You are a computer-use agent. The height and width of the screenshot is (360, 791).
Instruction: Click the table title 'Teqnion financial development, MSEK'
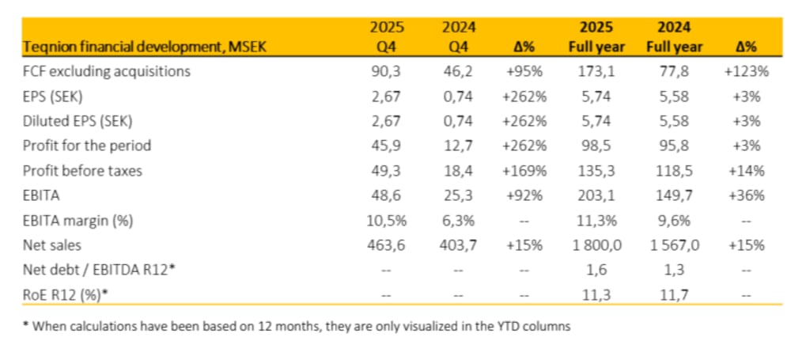tap(144, 47)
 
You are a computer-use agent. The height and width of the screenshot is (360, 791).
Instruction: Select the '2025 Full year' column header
tap(596, 37)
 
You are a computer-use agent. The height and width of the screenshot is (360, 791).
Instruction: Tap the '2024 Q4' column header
tap(459, 37)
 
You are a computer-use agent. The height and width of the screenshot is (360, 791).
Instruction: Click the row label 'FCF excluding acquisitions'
tap(107, 72)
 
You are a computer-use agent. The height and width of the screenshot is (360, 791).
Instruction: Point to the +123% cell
tap(746, 72)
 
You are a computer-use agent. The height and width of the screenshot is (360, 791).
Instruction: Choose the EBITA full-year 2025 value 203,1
tap(596, 195)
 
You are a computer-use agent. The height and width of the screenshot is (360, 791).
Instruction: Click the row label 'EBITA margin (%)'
tap(78, 221)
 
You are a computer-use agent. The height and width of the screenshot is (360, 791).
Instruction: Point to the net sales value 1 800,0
tap(596, 245)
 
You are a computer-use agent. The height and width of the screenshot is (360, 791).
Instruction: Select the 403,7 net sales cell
tap(459, 245)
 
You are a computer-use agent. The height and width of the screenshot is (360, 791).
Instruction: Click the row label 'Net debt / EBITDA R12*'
tap(99, 270)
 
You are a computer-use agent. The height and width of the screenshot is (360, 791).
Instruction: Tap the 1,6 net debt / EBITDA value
tap(596, 270)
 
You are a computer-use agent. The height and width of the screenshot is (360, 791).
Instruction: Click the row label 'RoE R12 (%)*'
tap(66, 295)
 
